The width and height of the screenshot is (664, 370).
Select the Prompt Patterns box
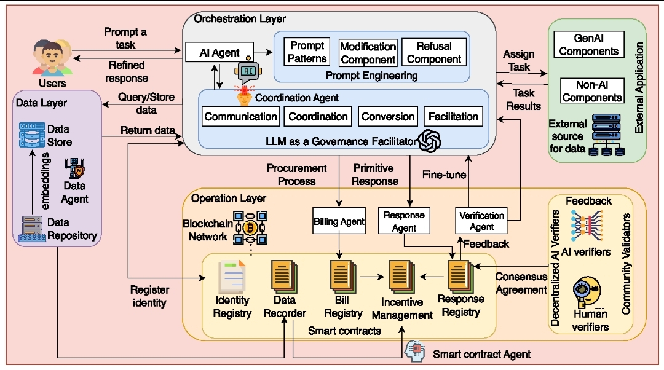(x=307, y=53)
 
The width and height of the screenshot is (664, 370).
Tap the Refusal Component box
(x=433, y=53)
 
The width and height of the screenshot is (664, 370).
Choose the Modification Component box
(x=368, y=53)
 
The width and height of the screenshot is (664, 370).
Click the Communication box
(x=240, y=116)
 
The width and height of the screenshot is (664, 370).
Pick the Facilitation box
(x=453, y=116)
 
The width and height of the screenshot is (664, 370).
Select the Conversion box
(x=387, y=116)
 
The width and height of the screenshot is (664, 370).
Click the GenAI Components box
(x=588, y=44)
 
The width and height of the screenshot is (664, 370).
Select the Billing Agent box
(x=339, y=221)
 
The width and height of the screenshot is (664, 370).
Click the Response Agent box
(x=404, y=221)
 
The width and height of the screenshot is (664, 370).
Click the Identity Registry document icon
(x=232, y=276)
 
